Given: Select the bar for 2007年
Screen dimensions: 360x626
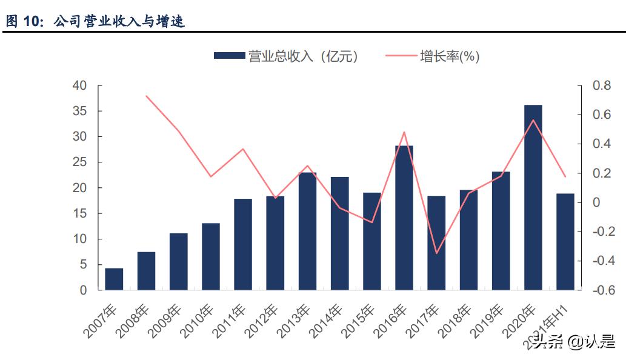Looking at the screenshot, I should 114,279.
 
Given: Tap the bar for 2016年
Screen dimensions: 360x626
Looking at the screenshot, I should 404,218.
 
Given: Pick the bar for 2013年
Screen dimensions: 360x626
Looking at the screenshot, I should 307,231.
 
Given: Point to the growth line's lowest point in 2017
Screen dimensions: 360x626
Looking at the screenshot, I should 436,253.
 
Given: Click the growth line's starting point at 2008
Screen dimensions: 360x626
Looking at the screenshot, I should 146,96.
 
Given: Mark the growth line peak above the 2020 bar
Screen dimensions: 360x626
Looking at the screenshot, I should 533,120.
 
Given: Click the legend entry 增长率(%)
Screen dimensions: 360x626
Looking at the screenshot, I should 433,56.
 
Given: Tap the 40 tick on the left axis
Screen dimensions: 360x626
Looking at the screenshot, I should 79,86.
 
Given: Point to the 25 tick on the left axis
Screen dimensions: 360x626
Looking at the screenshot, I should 79,162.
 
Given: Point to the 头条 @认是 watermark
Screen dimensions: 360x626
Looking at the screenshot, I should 573,343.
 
